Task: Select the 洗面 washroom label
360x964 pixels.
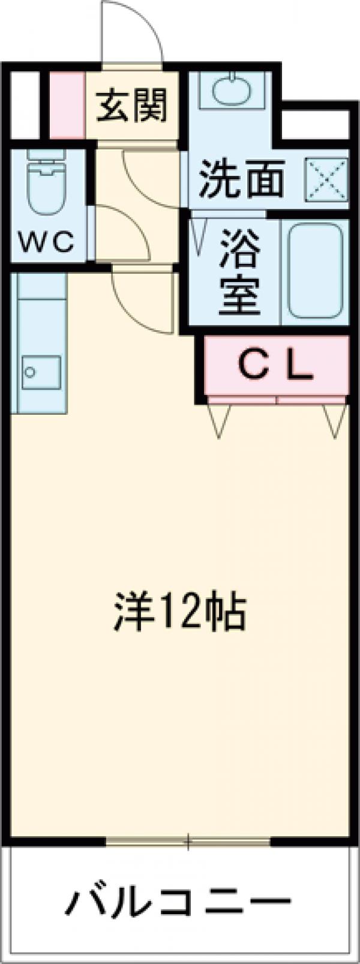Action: coord(241,178)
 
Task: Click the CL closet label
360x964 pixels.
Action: coord(277,367)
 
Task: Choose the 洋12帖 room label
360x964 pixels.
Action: coord(179,611)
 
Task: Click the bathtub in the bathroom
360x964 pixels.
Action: coord(315,270)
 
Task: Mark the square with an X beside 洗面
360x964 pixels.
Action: coord(327,178)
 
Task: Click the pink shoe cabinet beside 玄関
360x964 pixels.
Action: coord(66,106)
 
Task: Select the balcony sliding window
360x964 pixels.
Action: coord(188,842)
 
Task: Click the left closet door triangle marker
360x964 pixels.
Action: coord(220,420)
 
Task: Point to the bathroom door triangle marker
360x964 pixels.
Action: coord(197,230)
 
